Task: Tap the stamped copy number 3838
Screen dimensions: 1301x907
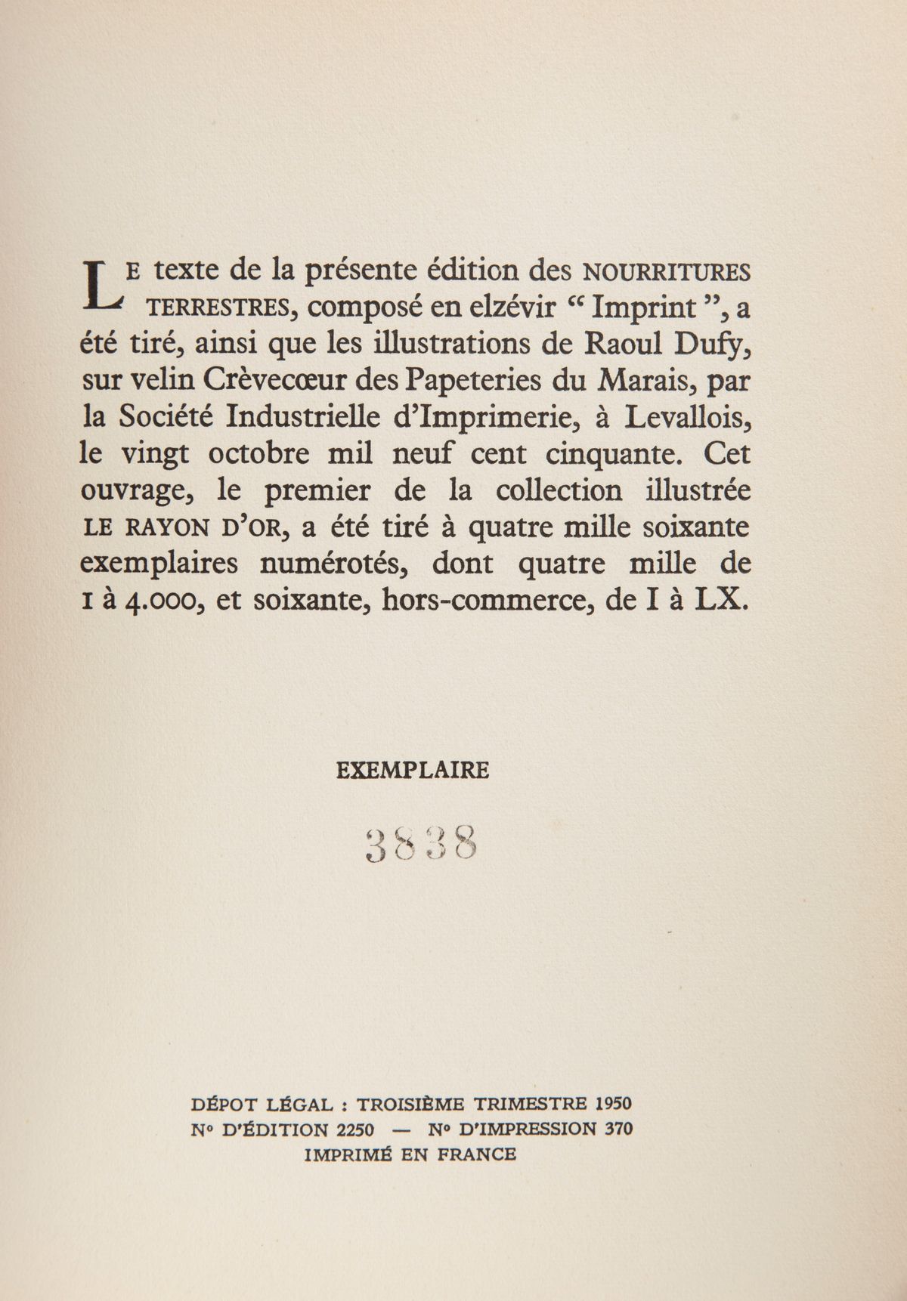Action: (419, 844)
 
